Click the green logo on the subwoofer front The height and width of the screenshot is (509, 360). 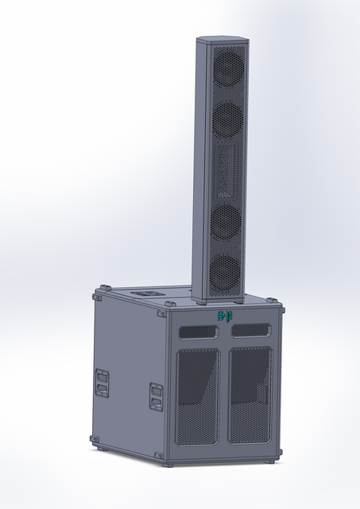(226, 317)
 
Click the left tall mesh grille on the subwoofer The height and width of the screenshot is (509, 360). (197, 396)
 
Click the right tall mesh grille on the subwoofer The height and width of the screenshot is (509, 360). (250, 395)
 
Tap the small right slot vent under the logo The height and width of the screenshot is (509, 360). (251, 329)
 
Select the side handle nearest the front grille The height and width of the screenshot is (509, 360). (156, 396)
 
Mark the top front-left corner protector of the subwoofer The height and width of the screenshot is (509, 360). (169, 307)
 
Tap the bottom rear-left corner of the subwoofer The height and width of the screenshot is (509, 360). (95, 439)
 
